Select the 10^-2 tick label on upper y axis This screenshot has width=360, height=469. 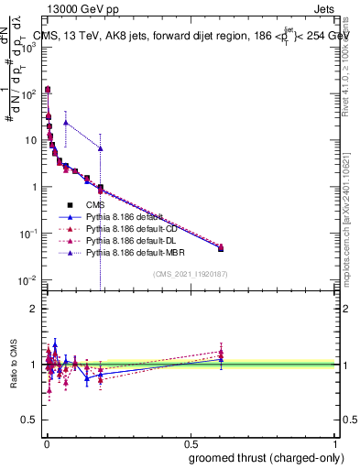(29, 279)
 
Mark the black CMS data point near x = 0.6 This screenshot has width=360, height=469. (221, 248)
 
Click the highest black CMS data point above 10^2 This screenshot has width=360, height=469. (48, 90)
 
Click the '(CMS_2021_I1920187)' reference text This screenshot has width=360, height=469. (191, 273)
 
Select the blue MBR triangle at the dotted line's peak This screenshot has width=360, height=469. (66, 122)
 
